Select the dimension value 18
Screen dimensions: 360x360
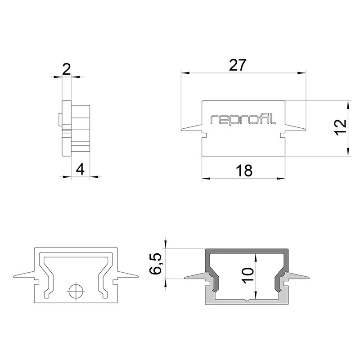coord(243,171)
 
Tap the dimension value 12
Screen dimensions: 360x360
coord(340,127)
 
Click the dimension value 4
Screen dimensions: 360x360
coord(80,170)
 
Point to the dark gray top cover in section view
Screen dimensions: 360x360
coord(247,251)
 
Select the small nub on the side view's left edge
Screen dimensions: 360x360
coord(60,120)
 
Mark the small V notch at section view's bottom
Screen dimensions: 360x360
coord(247,300)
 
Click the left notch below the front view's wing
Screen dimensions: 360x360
coord(204,134)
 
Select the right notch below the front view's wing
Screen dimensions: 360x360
coord(283,134)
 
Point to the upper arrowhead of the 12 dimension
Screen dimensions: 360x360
coord(348,104)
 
